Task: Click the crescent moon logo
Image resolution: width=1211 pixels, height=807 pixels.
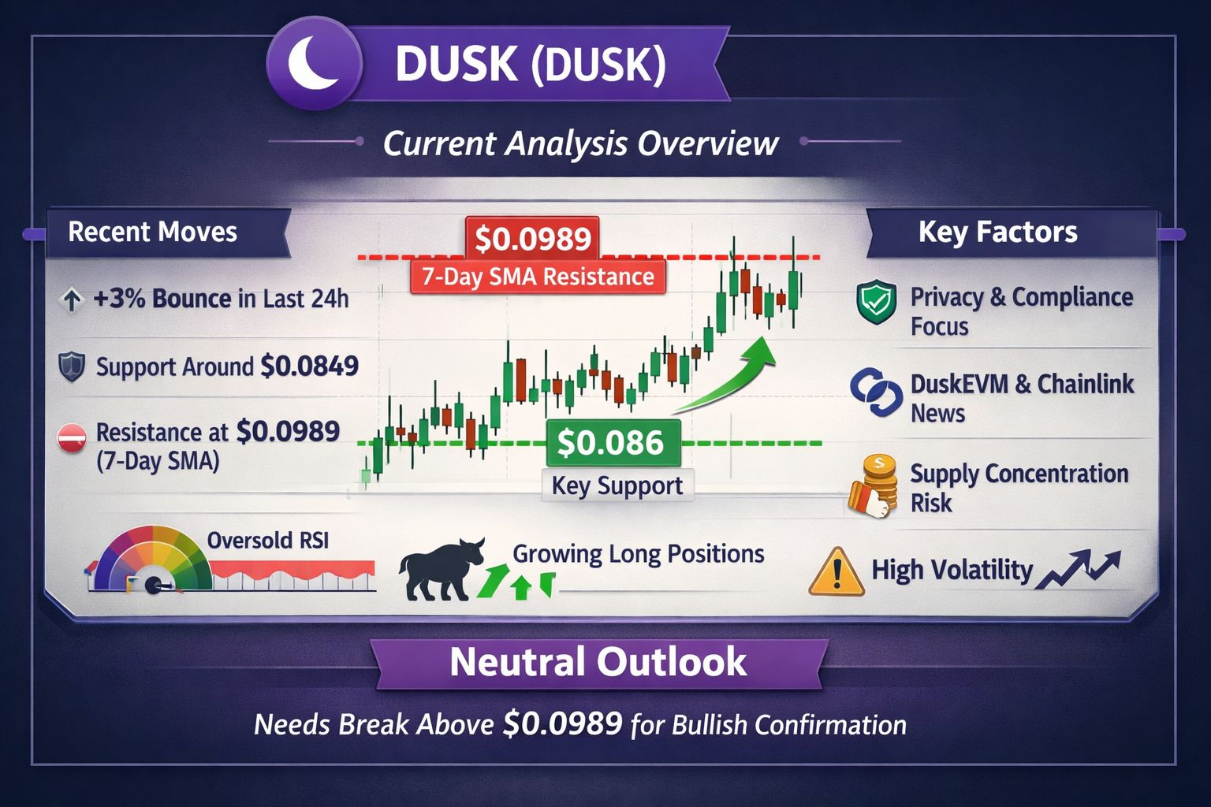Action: (x=314, y=63)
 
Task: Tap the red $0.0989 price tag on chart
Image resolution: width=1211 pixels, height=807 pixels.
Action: (x=532, y=238)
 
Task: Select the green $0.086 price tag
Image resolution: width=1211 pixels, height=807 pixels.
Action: (x=613, y=442)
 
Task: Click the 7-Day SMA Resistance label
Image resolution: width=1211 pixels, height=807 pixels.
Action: (x=538, y=277)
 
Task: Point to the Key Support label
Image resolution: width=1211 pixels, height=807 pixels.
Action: (x=617, y=485)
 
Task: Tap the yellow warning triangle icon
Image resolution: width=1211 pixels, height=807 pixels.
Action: (x=836, y=572)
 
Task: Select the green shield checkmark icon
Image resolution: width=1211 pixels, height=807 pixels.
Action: (x=877, y=302)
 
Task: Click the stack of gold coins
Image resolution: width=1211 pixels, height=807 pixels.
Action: (x=872, y=486)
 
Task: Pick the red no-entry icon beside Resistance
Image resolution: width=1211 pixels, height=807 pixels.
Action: (x=72, y=438)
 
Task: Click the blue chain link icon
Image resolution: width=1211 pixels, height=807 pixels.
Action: (x=876, y=392)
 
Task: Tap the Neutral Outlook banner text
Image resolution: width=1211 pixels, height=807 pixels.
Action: (x=598, y=662)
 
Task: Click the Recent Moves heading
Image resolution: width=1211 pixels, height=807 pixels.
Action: (x=152, y=232)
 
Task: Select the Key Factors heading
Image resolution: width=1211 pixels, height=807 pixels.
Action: (x=998, y=232)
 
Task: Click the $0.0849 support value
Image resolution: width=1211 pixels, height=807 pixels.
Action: (x=309, y=366)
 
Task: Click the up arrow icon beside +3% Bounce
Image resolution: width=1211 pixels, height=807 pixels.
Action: (x=72, y=300)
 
